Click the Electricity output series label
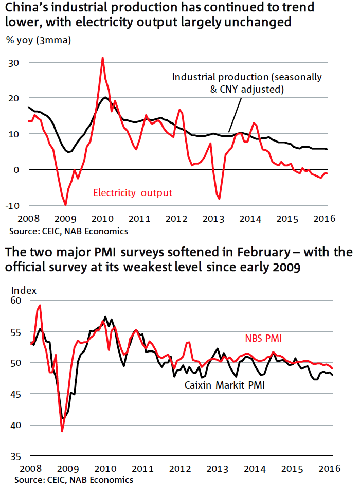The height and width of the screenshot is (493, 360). [x=133, y=192]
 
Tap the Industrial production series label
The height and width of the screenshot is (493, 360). [x=247, y=83]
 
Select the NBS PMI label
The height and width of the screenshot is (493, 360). [x=263, y=338]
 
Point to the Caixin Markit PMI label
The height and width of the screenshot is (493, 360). [x=224, y=385]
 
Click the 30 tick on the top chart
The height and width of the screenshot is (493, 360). [x=13, y=63]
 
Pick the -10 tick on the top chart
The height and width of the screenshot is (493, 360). [x=12, y=206]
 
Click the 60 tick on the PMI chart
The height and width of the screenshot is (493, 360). [x=16, y=301]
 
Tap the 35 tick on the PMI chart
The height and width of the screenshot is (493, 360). [x=16, y=456]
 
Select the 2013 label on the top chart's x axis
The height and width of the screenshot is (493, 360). [x=213, y=219]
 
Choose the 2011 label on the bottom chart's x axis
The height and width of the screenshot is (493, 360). [x=142, y=469]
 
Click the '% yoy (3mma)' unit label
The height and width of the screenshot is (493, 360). [x=39, y=41]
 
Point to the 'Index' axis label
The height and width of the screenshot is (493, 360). [x=24, y=290]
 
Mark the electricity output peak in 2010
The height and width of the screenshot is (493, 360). [x=102, y=58]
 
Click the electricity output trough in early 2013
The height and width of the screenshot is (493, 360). [x=219, y=199]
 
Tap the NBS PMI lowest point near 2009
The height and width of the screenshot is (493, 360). [x=62, y=431]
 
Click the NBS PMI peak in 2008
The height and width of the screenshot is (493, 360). [x=40, y=305]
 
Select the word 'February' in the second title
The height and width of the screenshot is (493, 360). [x=263, y=252]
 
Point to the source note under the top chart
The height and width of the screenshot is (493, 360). [x=69, y=231]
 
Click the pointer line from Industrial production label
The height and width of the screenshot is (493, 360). [x=235, y=115]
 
